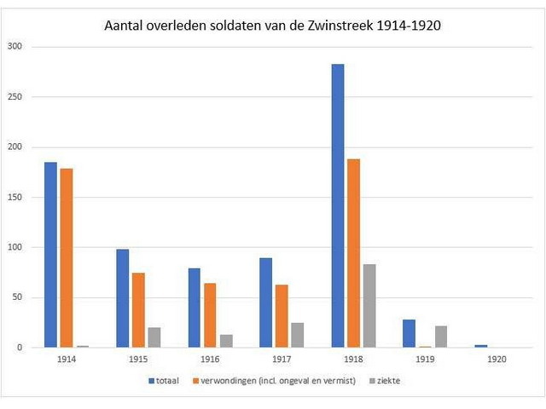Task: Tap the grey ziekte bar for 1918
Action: point(369,306)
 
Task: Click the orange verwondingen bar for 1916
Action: point(210,315)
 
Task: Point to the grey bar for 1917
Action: point(297,335)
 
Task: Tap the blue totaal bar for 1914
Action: point(51,255)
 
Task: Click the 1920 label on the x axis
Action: point(497,360)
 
